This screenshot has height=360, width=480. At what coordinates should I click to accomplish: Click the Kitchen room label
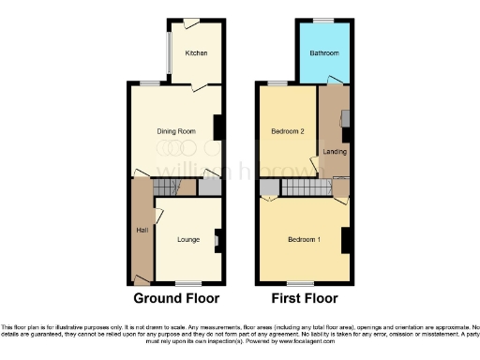tap(196, 53)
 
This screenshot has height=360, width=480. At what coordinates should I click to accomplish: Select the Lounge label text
tap(189, 240)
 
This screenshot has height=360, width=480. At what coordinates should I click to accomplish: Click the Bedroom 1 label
tap(305, 240)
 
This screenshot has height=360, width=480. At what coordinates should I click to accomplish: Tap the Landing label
tap(333, 151)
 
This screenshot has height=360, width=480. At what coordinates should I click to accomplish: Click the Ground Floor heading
tap(176, 299)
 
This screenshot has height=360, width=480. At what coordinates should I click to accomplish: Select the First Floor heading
tap(305, 299)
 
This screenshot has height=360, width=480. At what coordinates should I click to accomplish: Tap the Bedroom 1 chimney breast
tap(346, 240)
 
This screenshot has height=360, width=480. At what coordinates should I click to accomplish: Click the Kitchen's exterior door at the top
tap(191, 22)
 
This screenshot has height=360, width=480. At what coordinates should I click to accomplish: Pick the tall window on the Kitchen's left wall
tap(169, 57)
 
